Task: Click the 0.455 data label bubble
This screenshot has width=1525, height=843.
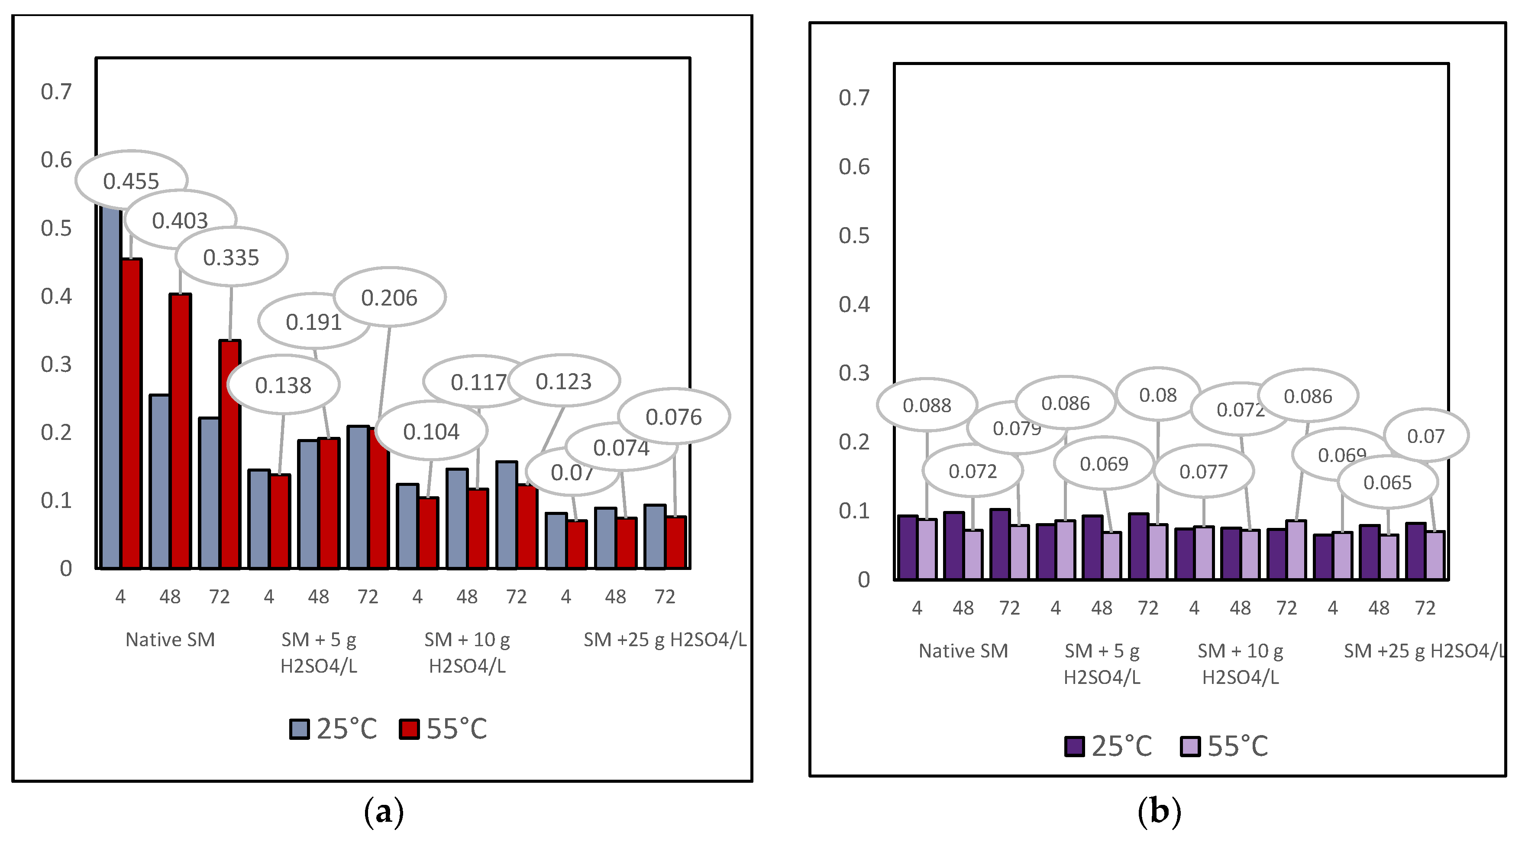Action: coord(132,181)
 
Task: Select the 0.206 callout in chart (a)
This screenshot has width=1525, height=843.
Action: coord(390,297)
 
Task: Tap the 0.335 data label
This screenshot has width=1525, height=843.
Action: coord(232,257)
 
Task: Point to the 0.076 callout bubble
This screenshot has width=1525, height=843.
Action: coord(674,417)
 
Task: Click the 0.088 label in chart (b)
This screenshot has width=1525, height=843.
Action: coord(927,405)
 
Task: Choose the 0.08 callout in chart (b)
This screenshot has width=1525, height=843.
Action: coord(1157,394)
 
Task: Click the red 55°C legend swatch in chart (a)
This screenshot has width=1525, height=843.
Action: coord(409,729)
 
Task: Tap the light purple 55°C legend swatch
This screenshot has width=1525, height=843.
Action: coord(1190,746)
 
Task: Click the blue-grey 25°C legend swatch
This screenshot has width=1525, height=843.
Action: coord(300,729)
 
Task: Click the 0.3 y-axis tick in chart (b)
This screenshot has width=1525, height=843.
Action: coord(854,373)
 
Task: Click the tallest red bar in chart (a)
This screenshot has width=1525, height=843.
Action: coord(132,415)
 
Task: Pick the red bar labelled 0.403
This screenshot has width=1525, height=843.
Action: coord(181,433)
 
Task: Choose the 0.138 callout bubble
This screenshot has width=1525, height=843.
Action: coord(283,385)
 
